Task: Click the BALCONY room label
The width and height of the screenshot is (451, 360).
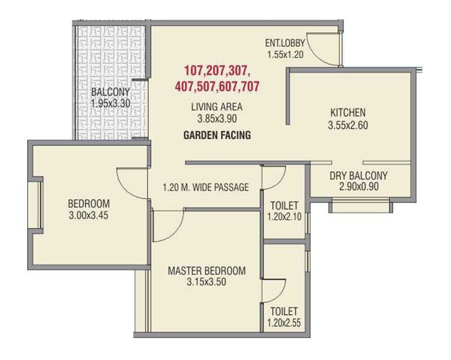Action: [111, 93]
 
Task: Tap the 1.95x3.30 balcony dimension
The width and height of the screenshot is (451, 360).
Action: [111, 104]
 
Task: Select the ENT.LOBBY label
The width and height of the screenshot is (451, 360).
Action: [285, 44]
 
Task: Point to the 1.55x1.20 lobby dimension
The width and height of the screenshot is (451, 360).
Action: [285, 55]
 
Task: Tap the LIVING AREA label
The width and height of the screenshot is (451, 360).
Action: [216, 107]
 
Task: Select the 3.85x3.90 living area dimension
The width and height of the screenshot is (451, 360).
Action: [216, 119]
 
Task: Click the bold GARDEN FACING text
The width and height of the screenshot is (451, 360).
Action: [216, 136]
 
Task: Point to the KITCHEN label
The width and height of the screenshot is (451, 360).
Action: [348, 113]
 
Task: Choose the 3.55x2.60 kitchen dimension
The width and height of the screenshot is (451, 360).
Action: [348, 125]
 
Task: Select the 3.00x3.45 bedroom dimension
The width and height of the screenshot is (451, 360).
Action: [89, 215]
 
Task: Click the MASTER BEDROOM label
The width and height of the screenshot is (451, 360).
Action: [207, 271]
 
